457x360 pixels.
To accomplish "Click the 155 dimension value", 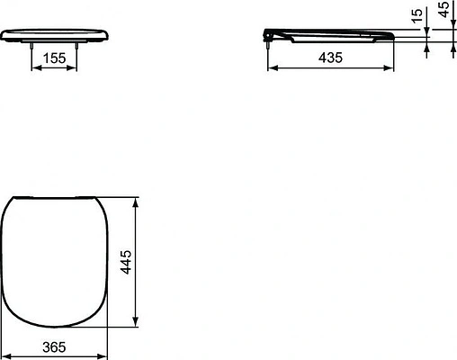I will pos(55,57).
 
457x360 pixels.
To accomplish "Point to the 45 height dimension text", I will pos(443,13).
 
